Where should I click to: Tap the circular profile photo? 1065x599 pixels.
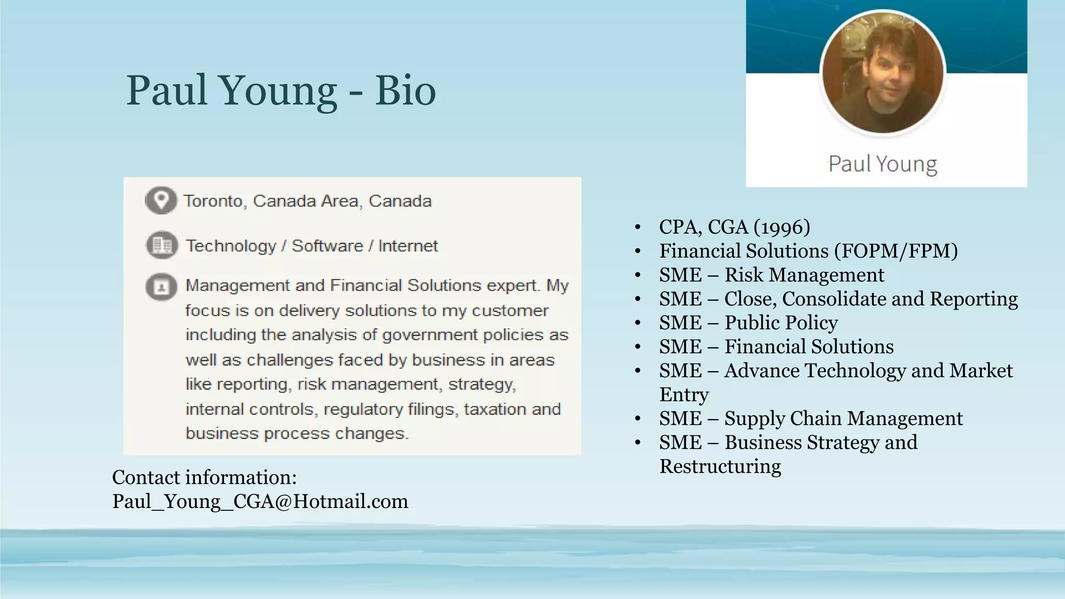[x=882, y=72]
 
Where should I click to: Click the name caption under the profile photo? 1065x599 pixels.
[x=882, y=164]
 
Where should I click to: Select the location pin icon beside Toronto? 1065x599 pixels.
[x=161, y=200]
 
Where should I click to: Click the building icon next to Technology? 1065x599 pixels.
[x=162, y=245]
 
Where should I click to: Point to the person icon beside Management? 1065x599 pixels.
[x=161, y=287]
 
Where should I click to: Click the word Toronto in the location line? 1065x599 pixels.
[x=214, y=201]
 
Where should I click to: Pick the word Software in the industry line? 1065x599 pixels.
[x=327, y=245]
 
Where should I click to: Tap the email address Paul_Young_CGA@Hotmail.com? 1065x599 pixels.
[x=260, y=501]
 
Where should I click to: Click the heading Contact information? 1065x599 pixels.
[x=204, y=477]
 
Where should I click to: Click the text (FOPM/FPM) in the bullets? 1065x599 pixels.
[x=896, y=251]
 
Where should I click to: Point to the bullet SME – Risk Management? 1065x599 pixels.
[x=771, y=275]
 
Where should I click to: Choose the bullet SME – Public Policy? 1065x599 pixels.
[x=748, y=322]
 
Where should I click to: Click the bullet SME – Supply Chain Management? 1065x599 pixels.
[x=811, y=418]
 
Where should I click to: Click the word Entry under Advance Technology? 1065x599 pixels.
[x=684, y=394]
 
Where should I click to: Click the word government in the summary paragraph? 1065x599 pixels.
[x=430, y=335]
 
